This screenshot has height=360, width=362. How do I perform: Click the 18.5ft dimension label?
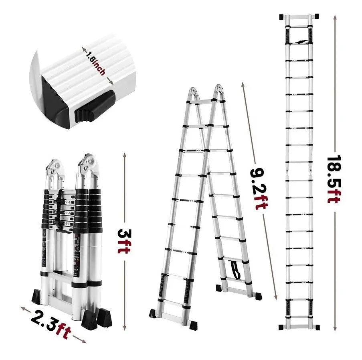pos(334,179)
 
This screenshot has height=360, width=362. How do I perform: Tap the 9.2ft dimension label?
pos(259,188)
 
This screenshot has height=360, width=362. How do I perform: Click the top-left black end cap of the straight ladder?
pos(282,17)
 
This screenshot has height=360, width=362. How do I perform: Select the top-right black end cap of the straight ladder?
pos(315,16)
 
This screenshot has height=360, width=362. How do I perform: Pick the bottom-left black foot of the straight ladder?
pos(281,327)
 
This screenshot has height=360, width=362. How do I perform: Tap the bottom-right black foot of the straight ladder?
pos(317,327)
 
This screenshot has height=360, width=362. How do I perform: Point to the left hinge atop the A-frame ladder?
pos(193,93)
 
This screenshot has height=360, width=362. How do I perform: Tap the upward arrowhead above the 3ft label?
pos(125,155)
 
